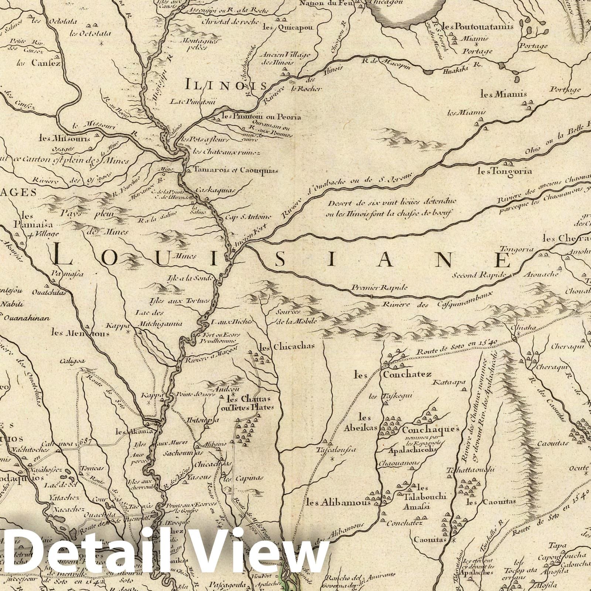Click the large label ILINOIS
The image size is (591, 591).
[226, 86]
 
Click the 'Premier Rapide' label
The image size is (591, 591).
[379, 287]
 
